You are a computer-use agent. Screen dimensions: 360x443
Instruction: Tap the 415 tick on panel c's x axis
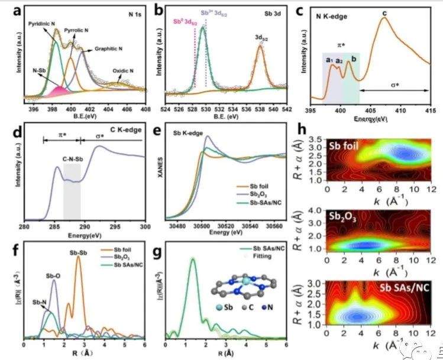(427, 109)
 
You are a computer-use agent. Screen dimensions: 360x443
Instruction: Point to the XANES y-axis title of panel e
(160, 171)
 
